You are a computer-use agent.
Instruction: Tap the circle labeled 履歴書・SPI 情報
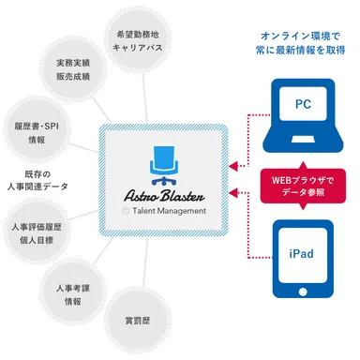coord(37,130)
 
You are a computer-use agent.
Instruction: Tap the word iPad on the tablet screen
coord(303,253)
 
